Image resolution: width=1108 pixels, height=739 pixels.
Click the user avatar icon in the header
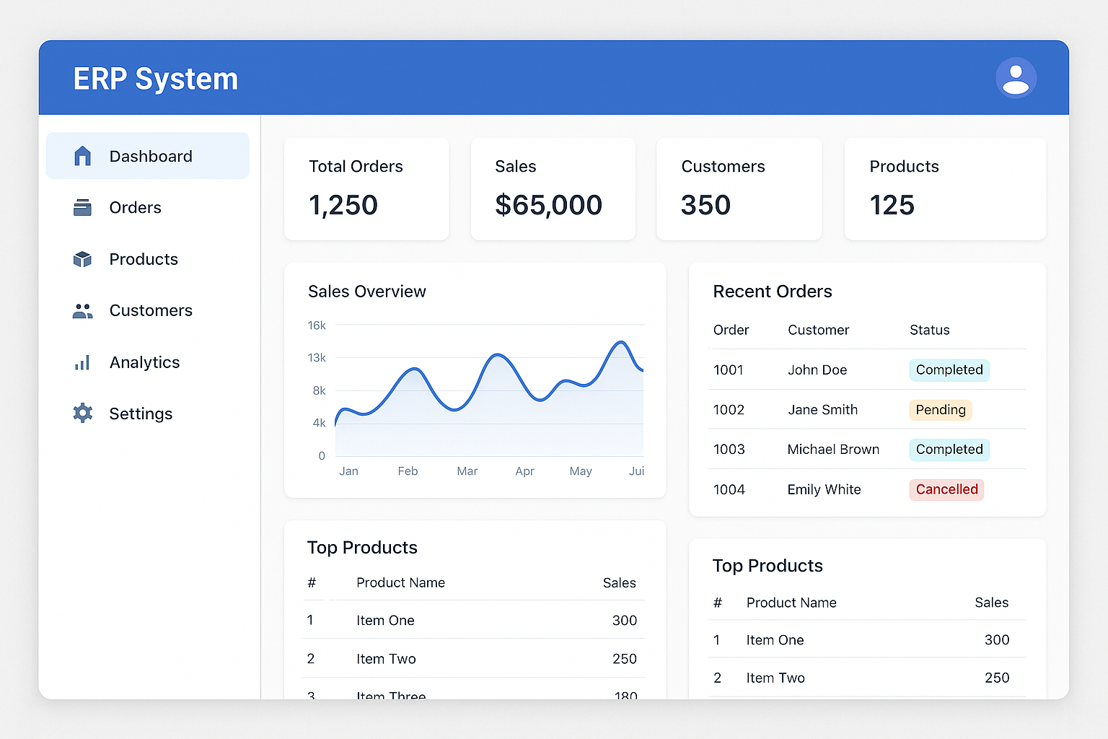pyautogui.click(x=1016, y=78)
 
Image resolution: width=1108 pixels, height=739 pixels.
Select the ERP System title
pyautogui.click(x=155, y=79)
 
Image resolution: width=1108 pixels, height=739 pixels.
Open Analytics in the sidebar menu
pyautogui.click(x=144, y=362)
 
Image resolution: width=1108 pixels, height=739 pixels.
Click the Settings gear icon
pyautogui.click(x=83, y=414)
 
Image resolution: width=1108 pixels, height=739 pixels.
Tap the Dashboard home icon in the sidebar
pyautogui.click(x=83, y=156)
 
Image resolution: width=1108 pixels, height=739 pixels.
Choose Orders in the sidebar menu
pyautogui.click(x=135, y=208)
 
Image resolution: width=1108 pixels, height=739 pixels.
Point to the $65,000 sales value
pyautogui.click(x=548, y=205)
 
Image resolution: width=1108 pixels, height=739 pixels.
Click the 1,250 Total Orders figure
pyautogui.click(x=343, y=205)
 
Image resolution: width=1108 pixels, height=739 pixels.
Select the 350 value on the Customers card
pyautogui.click(x=705, y=205)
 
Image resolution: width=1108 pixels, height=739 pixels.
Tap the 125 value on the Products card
pyautogui.click(x=892, y=205)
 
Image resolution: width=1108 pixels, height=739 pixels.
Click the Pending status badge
pyautogui.click(x=940, y=410)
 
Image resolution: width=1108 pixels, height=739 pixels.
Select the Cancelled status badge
pyautogui.click(x=946, y=489)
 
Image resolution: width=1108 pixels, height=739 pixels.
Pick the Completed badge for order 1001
pyautogui.click(x=949, y=370)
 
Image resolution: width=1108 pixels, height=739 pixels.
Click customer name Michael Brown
pyautogui.click(x=833, y=450)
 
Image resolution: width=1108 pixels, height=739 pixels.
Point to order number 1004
pyautogui.click(x=729, y=489)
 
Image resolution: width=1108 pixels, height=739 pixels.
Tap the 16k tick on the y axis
pyautogui.click(x=317, y=325)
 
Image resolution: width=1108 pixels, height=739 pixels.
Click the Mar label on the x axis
pyautogui.click(x=467, y=471)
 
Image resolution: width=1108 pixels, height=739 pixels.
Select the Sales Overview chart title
pyautogui.click(x=366, y=292)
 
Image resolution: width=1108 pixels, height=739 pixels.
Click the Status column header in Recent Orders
pyautogui.click(x=929, y=330)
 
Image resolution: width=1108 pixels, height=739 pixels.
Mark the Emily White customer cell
pyautogui.click(x=824, y=489)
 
